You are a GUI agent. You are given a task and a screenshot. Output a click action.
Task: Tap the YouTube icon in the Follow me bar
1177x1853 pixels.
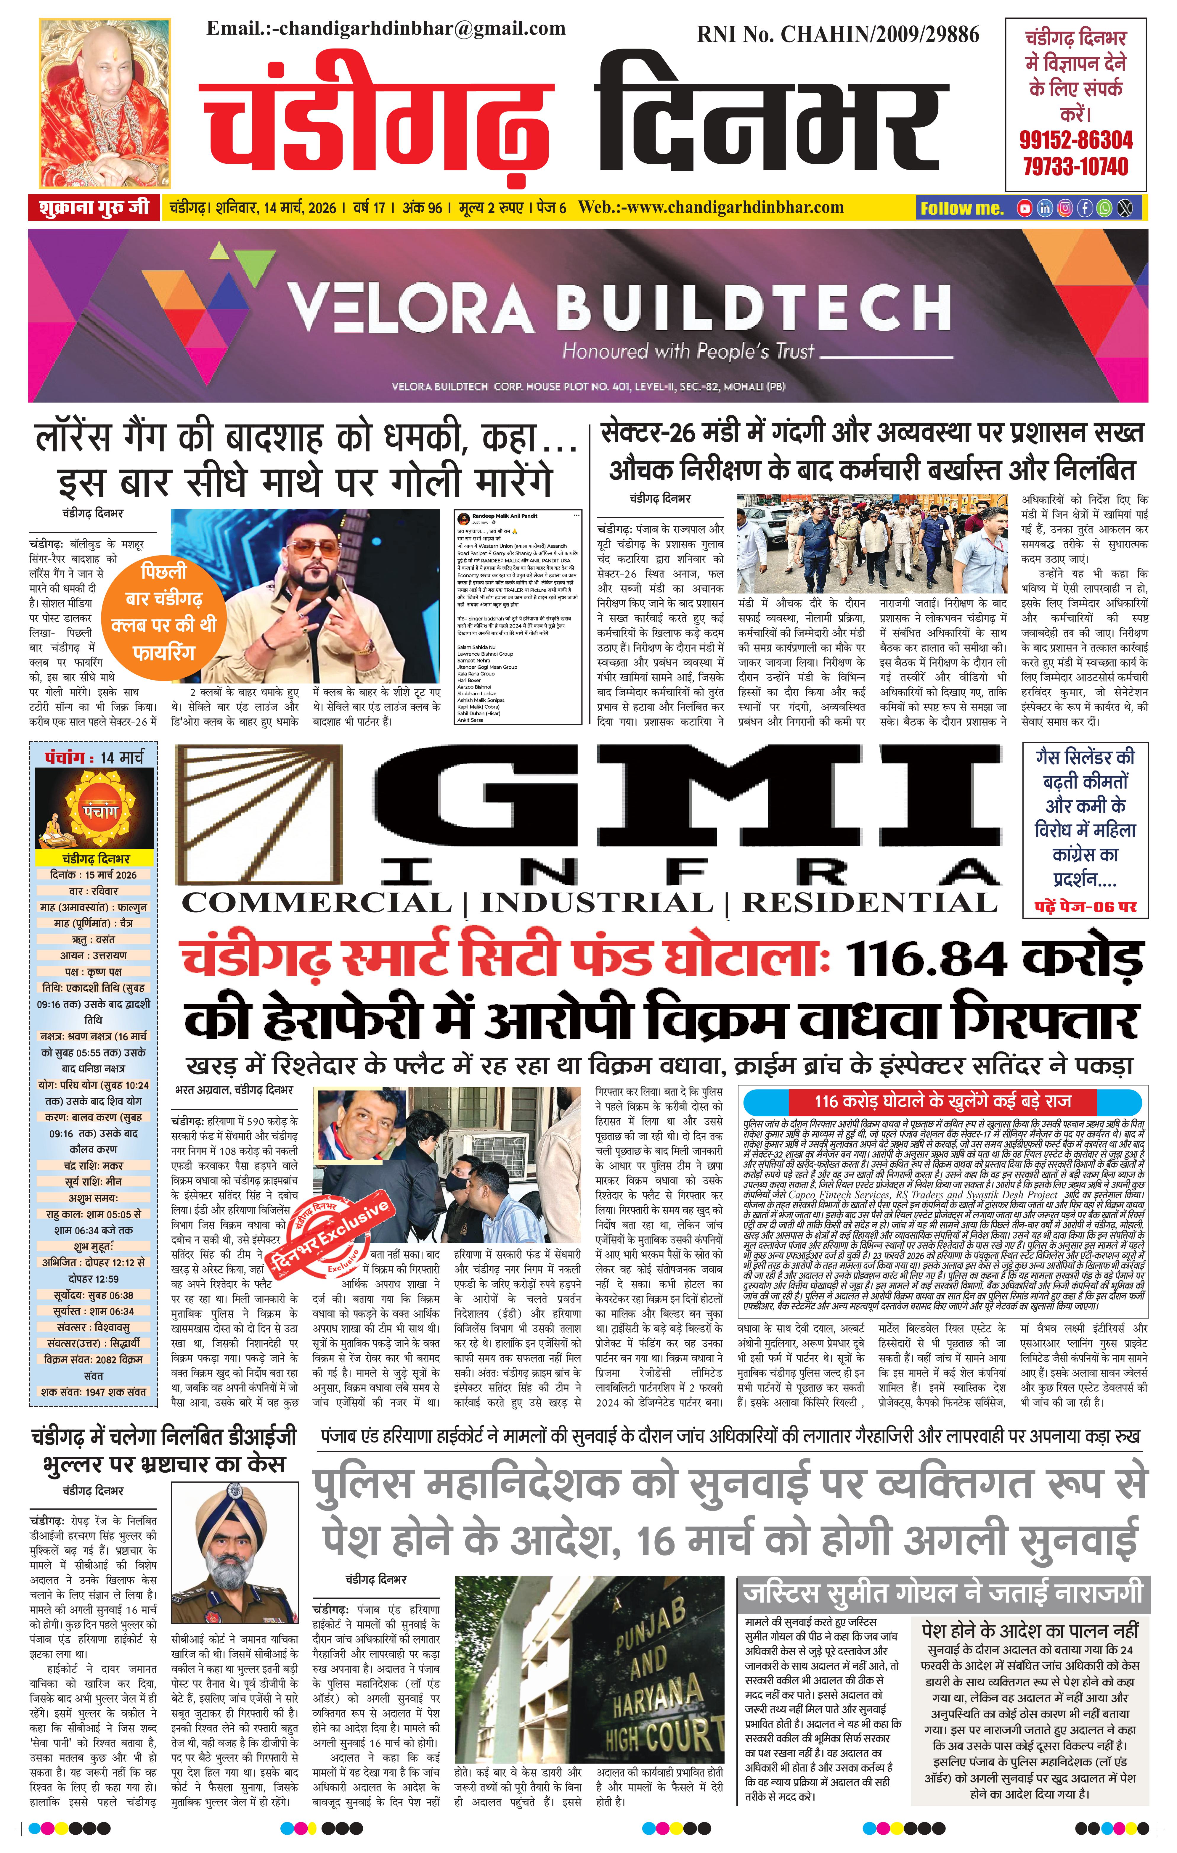click(x=1025, y=208)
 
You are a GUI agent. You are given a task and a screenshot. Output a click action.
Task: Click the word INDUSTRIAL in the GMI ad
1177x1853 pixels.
click(x=597, y=903)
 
